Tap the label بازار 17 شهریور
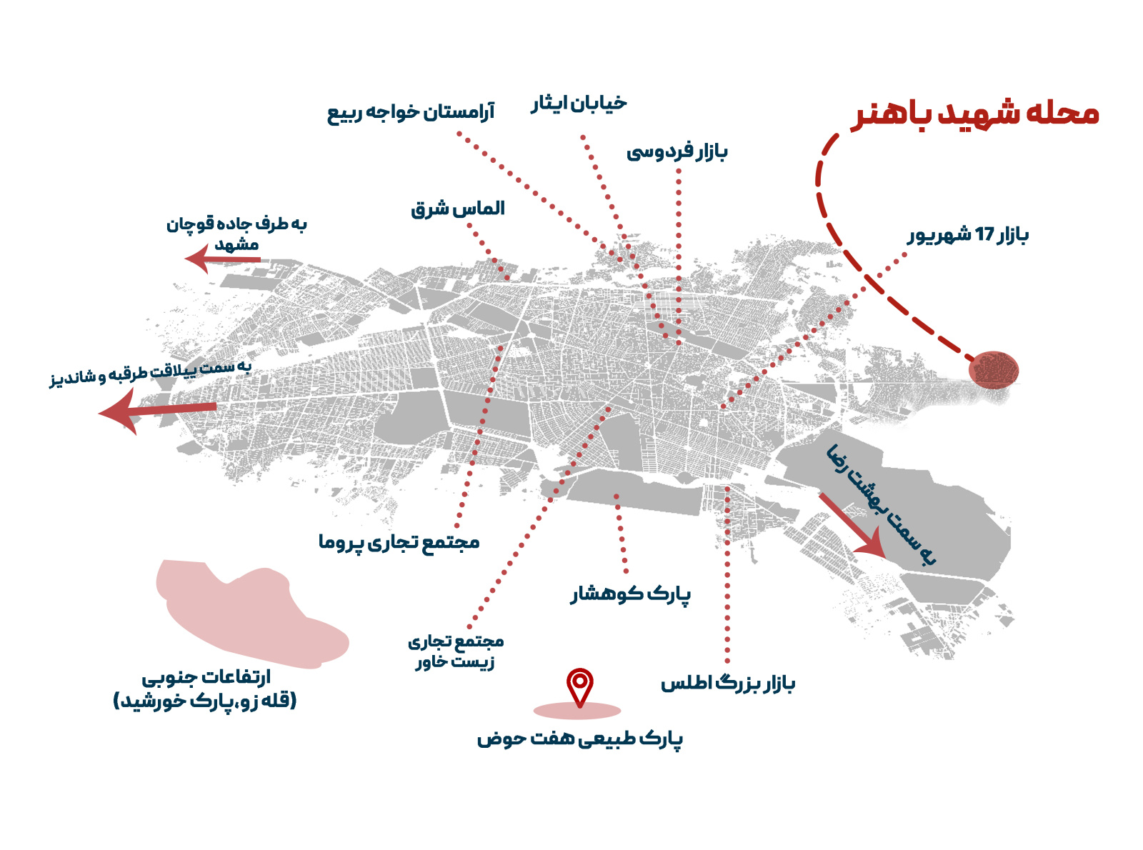968,235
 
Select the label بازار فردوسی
677,151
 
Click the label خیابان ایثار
579,104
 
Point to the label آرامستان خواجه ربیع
411,113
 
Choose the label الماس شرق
458,209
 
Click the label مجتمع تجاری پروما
399,542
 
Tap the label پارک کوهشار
630,594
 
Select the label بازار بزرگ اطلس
727,684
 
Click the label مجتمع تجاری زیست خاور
456,651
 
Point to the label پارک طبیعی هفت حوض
579,739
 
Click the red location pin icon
579,685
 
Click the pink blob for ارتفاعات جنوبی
250,614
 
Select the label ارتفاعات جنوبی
206,689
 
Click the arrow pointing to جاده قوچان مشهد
221,259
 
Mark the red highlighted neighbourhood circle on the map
993,370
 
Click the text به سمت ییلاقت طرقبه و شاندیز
151,371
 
